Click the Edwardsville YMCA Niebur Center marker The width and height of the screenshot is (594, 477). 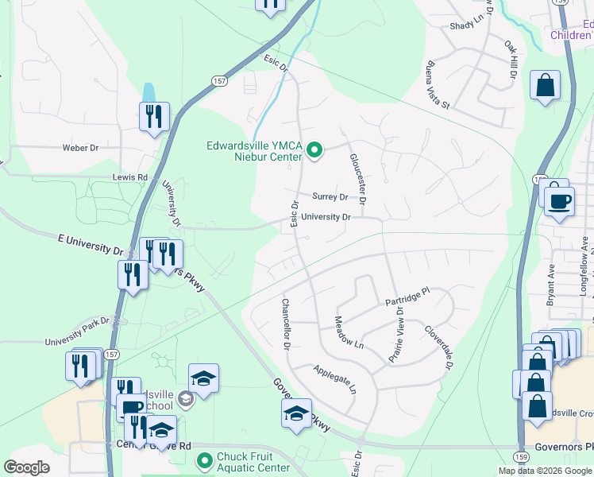click(x=314, y=149)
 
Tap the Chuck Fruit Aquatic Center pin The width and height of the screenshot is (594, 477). click(x=204, y=460)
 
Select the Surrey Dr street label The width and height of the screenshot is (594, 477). click(x=330, y=196)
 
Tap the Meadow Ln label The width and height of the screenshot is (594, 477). click(x=348, y=333)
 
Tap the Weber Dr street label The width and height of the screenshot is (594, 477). click(x=80, y=148)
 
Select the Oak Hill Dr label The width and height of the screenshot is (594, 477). click(x=510, y=60)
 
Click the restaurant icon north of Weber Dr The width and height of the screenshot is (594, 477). click(x=152, y=116)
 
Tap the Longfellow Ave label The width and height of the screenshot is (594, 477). click(x=584, y=274)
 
